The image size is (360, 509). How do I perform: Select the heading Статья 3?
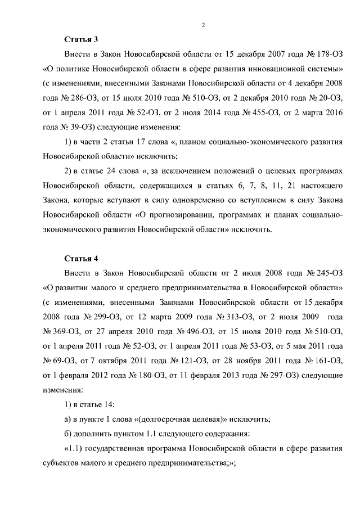click(x=81, y=39)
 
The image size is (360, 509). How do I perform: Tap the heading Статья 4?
click(x=81, y=259)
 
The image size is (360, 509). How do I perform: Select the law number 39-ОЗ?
click(x=75, y=127)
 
